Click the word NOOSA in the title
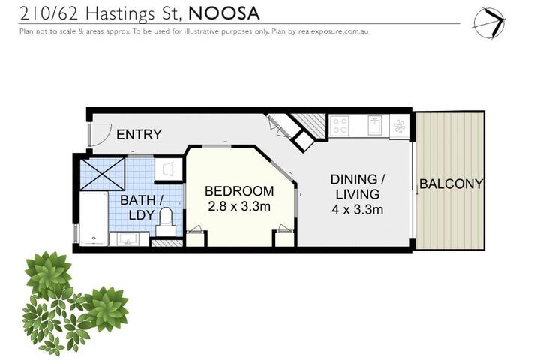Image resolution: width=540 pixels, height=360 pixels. (x=224, y=13)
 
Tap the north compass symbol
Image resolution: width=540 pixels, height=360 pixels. (x=489, y=23)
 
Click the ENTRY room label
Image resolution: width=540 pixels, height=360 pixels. (x=139, y=134)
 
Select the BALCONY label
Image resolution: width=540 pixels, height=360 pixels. (x=451, y=184)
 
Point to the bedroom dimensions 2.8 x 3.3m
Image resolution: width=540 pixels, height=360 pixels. (x=239, y=206)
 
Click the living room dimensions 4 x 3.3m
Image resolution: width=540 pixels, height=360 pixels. (x=358, y=209)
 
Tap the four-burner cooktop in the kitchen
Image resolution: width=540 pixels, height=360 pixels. (x=340, y=125)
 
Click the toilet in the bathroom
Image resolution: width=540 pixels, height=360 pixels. (x=166, y=222)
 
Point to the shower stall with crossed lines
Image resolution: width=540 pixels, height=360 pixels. (x=102, y=174)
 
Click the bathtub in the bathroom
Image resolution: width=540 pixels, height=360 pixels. (x=94, y=219)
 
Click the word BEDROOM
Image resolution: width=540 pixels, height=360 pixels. (x=239, y=191)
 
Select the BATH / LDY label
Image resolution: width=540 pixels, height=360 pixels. (x=142, y=208)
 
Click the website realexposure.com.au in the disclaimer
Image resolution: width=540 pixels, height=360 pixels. (x=333, y=31)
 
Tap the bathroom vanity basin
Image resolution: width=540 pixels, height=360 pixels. (x=129, y=238)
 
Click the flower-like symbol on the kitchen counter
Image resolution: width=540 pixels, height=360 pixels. (x=400, y=126)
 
